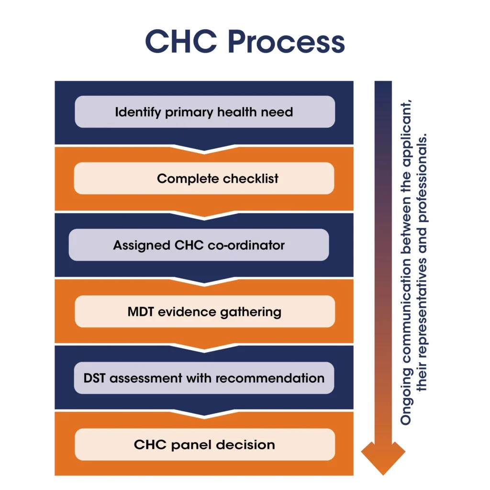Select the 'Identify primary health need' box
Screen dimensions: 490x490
point(204,112)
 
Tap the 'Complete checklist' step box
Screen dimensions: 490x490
point(204,178)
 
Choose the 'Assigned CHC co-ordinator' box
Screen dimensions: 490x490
point(199,245)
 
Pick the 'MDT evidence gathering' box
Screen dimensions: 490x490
point(204,312)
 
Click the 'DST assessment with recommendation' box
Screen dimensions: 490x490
point(204,378)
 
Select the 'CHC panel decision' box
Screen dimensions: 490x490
point(204,445)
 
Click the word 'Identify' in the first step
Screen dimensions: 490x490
point(138,112)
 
